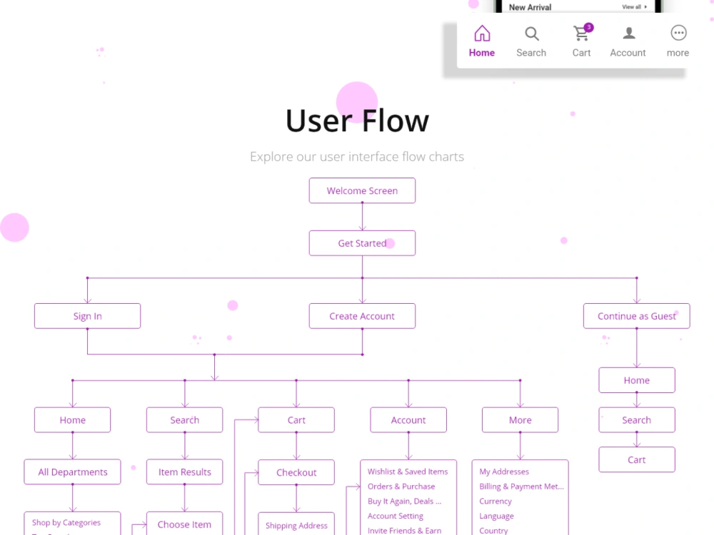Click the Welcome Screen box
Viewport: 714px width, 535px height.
[x=362, y=190]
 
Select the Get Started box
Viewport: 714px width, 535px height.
[x=362, y=243]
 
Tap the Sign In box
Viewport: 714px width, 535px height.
[x=87, y=316]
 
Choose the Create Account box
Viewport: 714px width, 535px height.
[x=362, y=316]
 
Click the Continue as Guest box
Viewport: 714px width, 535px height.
[x=636, y=316]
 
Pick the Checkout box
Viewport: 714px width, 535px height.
[x=296, y=472]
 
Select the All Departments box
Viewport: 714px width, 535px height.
[x=72, y=472]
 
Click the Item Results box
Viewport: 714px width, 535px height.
[x=184, y=472]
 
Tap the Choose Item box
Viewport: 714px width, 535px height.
[x=184, y=524]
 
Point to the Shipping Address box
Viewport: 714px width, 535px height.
[x=296, y=526]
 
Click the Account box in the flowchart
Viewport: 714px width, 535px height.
[x=408, y=420]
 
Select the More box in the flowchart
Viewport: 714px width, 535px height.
[x=520, y=420]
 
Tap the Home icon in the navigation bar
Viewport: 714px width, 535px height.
[x=482, y=34]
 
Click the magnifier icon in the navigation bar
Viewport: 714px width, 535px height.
[x=532, y=34]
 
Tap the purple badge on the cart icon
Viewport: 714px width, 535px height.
[x=588, y=28]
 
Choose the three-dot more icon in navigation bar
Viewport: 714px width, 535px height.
[x=678, y=33]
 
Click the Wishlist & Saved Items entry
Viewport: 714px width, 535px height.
[x=408, y=472]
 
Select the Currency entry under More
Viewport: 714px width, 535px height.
[x=496, y=501]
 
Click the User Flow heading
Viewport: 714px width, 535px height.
[x=357, y=121]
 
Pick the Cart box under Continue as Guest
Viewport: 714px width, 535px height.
[x=636, y=460]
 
